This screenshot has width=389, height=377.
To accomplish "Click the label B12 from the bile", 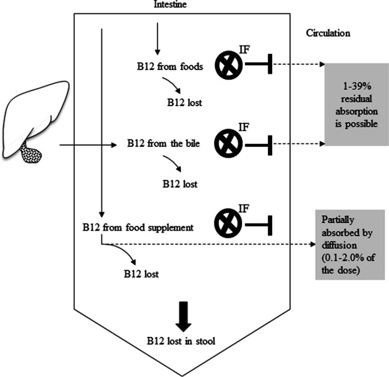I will click(162, 144).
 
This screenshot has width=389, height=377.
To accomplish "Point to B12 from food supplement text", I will click(137, 228).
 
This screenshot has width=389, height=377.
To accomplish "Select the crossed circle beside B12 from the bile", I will click(227, 144).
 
